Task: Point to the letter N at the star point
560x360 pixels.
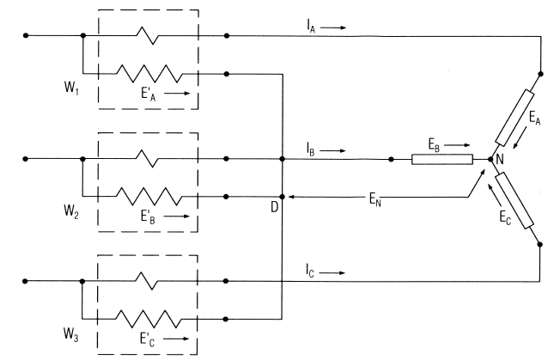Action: [x=499, y=160]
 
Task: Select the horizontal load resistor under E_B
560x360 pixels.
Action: [x=441, y=159]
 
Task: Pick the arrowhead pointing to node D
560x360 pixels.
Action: [x=290, y=196]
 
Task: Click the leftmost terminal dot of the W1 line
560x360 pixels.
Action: [x=26, y=36]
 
